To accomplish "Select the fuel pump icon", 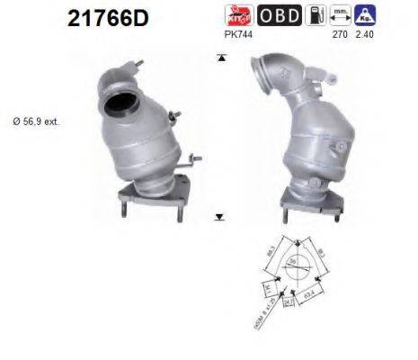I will point(314,14).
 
